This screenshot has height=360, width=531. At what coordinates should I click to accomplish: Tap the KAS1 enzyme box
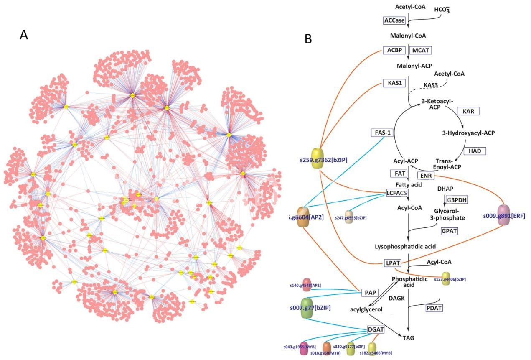pyautogui.click(x=394, y=83)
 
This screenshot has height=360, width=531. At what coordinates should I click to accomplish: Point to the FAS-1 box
pyautogui.click(x=382, y=133)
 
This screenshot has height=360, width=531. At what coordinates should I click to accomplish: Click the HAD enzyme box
pyautogui.click(x=475, y=150)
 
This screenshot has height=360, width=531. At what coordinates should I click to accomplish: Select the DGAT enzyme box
pyautogui.click(x=376, y=330)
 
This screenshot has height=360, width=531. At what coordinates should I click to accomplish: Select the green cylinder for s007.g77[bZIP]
pyautogui.click(x=310, y=308)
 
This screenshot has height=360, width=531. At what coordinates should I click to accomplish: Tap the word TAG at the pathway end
pyautogui.click(x=409, y=336)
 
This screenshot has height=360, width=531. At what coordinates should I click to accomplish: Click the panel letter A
pyautogui.click(x=24, y=35)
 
